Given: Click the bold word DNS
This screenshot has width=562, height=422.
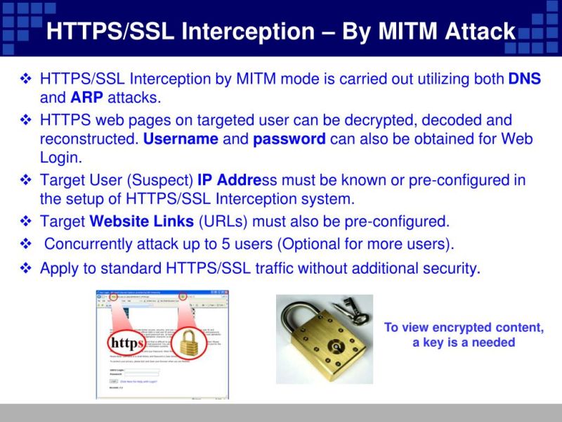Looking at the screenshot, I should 524,79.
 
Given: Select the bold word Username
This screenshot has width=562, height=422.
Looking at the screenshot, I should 181,139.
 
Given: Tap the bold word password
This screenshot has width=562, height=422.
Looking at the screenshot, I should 289,139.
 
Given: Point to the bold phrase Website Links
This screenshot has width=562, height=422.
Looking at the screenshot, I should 142,222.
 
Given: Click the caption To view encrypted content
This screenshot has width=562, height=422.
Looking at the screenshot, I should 464,328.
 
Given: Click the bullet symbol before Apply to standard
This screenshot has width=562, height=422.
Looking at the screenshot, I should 26,268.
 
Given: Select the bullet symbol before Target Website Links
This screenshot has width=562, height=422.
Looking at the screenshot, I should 26,222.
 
